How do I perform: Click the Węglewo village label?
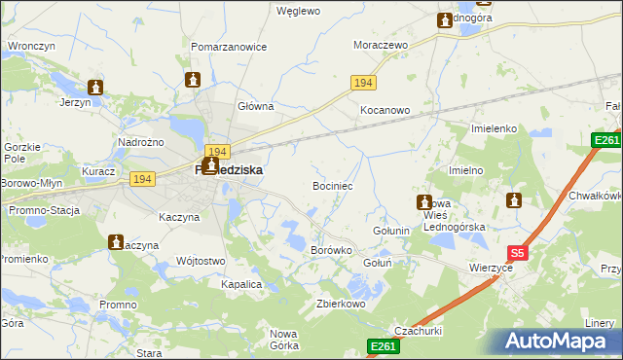(298, 12)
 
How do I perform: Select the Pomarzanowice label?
(229, 46)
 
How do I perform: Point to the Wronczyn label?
(29, 46)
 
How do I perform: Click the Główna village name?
(255, 106)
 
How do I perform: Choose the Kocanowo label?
(385, 111)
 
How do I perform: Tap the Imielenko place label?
(494, 128)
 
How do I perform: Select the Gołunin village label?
(392, 231)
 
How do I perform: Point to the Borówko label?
(330, 250)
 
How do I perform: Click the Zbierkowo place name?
(340, 304)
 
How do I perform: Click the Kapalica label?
(241, 284)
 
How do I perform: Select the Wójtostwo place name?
(202, 261)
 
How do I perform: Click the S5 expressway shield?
(518, 253)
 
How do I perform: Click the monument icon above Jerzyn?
(95, 87)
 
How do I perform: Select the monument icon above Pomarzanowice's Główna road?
(192, 80)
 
